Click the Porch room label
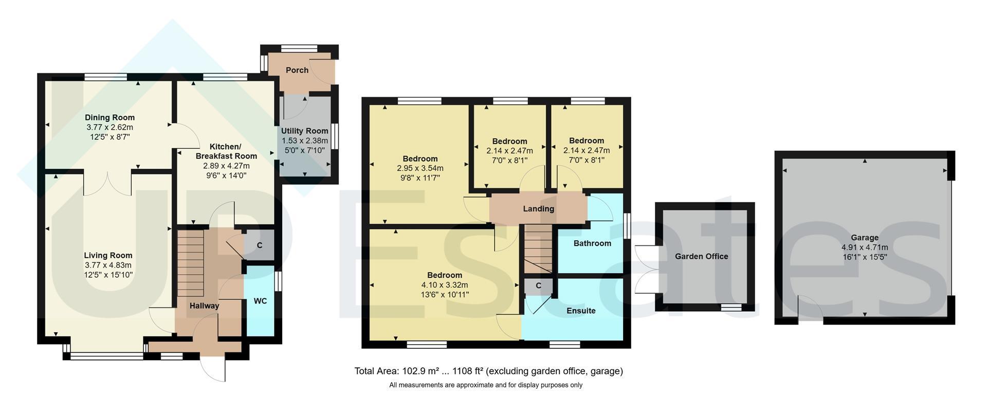click(297, 70)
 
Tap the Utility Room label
click(304, 131)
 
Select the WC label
click(260, 301)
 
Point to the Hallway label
click(204, 306)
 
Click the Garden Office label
click(701, 256)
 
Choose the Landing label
click(538, 209)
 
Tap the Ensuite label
click(581, 311)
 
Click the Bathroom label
click(592, 243)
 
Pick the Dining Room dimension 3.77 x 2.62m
click(109, 127)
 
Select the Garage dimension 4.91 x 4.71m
click(864, 247)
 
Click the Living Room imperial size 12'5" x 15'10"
click(108, 275)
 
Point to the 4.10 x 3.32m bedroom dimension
click(444, 285)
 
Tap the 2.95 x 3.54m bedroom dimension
click(420, 168)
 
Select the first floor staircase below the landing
click(538, 249)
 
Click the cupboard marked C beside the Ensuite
click(538, 286)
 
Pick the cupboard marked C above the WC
click(259, 245)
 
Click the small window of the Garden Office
click(731, 308)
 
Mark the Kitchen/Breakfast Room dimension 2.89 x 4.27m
click(226, 166)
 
